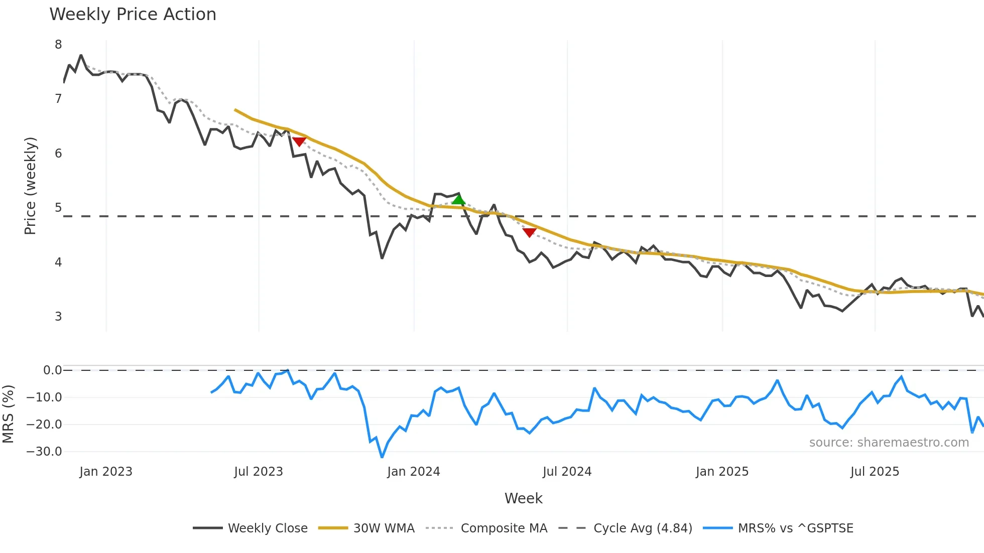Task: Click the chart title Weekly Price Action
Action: tap(133, 15)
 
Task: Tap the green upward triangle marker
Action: tap(458, 200)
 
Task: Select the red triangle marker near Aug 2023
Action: tap(299, 142)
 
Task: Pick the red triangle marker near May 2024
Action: tap(529, 232)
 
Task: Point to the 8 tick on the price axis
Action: tap(58, 45)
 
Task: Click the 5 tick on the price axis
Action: tap(58, 208)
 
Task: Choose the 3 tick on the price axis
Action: tap(58, 317)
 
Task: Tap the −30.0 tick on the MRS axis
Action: tap(44, 452)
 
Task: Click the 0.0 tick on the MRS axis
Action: tap(52, 370)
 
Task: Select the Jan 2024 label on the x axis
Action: tap(413, 472)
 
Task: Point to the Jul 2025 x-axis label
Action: tap(875, 472)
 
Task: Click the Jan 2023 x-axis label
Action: tap(106, 472)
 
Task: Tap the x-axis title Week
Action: tap(523, 498)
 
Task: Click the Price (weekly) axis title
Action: tap(30, 186)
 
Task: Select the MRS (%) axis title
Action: tap(8, 414)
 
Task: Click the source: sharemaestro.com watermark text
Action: tap(889, 443)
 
